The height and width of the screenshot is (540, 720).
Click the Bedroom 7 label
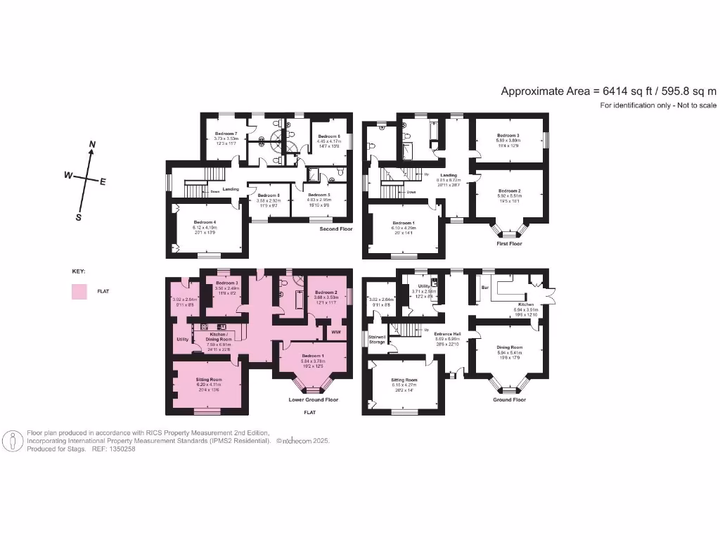click(x=226, y=134)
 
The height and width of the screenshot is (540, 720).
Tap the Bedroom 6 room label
click(x=329, y=136)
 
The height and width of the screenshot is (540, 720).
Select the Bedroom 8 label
click(x=268, y=195)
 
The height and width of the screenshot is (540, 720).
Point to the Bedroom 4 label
click(x=205, y=223)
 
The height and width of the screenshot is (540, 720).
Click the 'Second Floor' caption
click(x=336, y=229)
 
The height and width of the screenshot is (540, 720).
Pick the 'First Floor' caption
click(x=510, y=244)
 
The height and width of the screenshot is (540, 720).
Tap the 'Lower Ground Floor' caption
click(x=314, y=399)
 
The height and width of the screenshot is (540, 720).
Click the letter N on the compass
click(x=92, y=145)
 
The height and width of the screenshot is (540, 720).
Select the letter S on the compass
click(x=79, y=217)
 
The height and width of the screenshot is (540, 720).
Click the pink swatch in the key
click(x=79, y=291)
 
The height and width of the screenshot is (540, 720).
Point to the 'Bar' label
click(x=485, y=288)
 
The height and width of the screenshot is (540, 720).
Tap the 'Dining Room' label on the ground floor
click(x=510, y=347)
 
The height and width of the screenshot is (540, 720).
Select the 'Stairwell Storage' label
click(x=377, y=340)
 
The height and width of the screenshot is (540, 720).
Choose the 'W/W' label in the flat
click(x=335, y=331)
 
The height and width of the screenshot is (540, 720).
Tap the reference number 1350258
click(x=120, y=449)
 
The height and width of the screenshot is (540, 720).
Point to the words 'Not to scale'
click(x=693, y=105)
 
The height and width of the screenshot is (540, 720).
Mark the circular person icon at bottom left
click(x=12, y=441)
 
